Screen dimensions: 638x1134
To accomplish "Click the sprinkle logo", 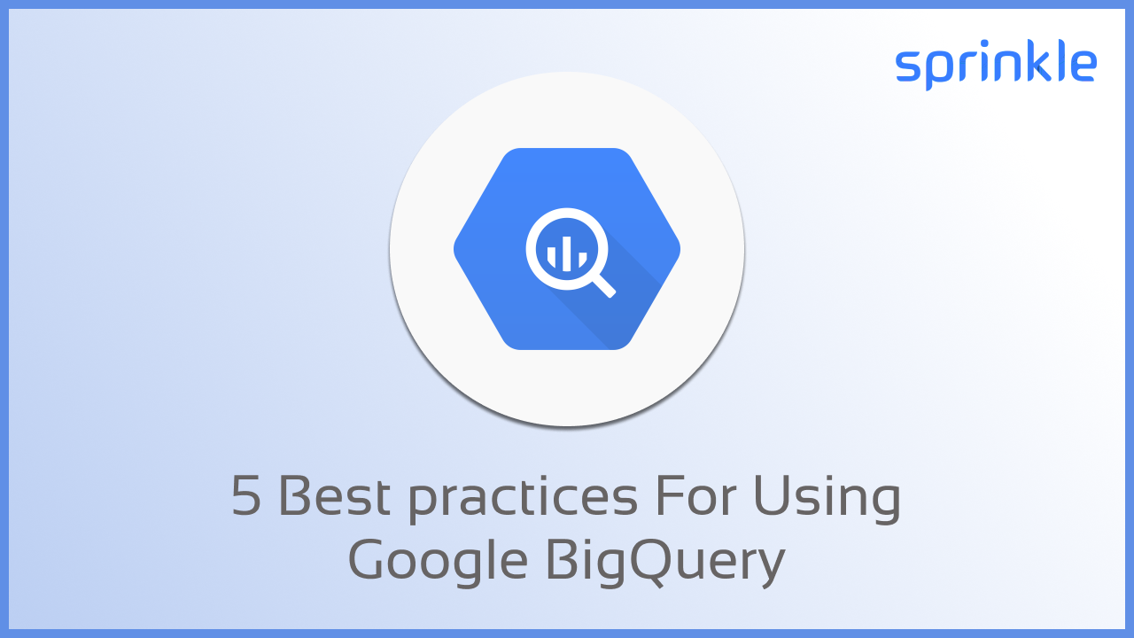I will point(996,66).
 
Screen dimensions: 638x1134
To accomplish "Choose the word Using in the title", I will point(827,499).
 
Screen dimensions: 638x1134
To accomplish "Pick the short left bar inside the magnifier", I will point(551,258).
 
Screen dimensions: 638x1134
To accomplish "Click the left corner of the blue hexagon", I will point(457,249).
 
